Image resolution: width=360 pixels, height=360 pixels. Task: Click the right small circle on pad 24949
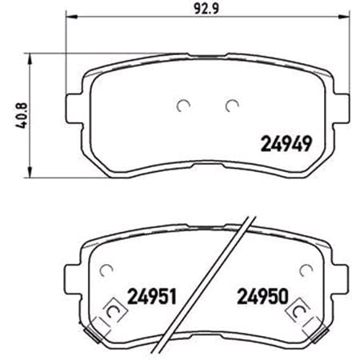pos(232,104)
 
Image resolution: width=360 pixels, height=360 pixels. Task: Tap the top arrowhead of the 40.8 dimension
pos(31,57)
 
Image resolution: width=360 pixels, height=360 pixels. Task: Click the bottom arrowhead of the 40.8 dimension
pos(31,175)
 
